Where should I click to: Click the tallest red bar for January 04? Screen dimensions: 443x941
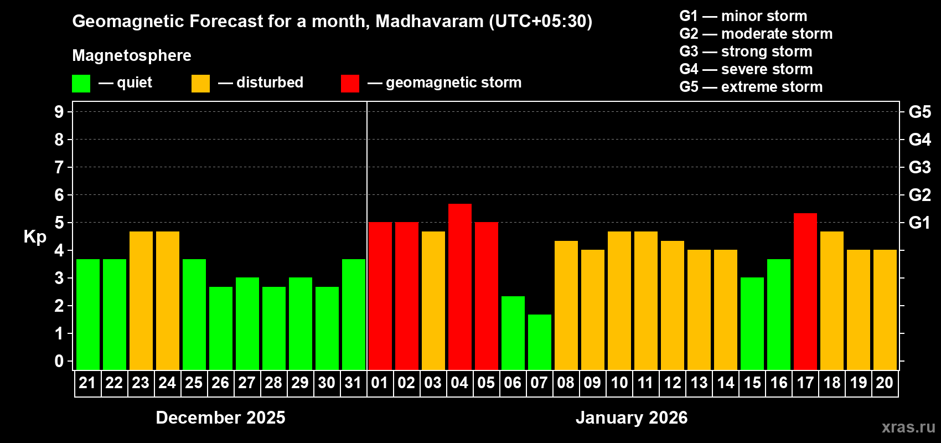pos(459,287)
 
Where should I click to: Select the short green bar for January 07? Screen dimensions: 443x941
pos(539,342)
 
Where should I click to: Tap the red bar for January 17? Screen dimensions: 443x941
pos(805,291)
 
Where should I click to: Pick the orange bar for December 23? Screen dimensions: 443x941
pos(141,301)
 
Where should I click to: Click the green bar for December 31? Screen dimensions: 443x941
pos(353,315)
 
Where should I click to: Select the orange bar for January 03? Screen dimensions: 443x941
pos(433,301)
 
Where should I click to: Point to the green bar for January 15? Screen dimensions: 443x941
pos(752,323)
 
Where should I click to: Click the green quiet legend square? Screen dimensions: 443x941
pos(81,84)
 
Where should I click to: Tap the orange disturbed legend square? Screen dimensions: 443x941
pos(200,84)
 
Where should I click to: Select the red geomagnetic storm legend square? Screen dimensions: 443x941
pos(350,84)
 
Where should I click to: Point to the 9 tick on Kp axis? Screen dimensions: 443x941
pos(59,112)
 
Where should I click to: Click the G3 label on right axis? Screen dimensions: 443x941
pos(919,167)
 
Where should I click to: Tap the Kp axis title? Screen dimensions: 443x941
pos(35,237)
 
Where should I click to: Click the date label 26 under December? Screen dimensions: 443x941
pos(220,383)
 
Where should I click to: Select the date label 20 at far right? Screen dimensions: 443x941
pos(885,383)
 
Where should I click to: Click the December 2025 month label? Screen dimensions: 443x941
pos(220,418)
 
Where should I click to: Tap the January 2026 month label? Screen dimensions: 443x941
pos(632,418)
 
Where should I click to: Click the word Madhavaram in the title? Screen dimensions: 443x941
pos(430,22)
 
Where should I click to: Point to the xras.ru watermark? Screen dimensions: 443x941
pos(908,427)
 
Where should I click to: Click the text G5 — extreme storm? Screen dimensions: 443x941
pos(751,87)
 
